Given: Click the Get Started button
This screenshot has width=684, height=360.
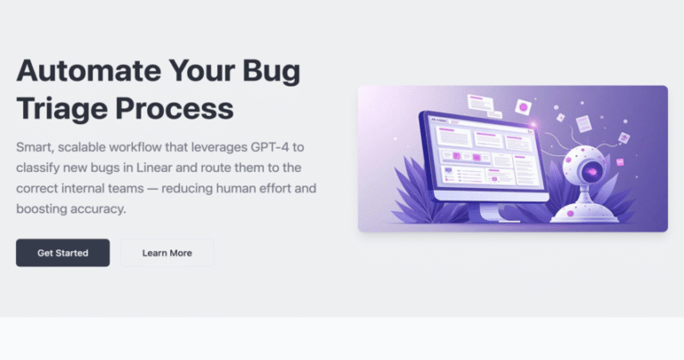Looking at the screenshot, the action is coord(63,253).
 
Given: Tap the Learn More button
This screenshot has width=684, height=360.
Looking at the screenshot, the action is coord(167,253).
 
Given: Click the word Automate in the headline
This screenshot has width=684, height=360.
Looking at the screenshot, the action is coord(89,70).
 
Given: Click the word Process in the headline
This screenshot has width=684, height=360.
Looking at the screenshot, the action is coord(175,108).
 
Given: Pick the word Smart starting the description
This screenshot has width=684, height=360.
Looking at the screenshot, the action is coord(35,148).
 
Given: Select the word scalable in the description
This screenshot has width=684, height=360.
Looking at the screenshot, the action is coord(82,147).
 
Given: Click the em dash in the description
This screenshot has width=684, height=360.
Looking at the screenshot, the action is coord(152,189).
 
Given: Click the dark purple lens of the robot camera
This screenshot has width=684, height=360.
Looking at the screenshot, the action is coord(592,171).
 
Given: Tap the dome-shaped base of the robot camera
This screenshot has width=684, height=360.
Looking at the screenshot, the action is coord(584,213).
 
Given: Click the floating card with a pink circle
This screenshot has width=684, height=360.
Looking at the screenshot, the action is coord(523,107).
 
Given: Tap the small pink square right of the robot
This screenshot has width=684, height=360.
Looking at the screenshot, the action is coord(620,162).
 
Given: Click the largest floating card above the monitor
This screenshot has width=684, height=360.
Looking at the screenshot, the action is coord(481,103).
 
